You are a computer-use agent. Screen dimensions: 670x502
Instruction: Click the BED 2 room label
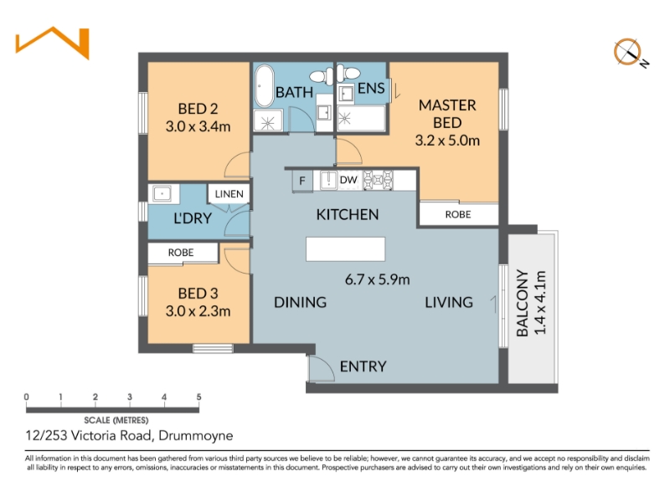coord(198,109)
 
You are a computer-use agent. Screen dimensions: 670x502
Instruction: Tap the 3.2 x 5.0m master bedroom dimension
coord(447,141)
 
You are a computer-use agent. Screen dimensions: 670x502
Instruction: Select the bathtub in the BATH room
coord(265,86)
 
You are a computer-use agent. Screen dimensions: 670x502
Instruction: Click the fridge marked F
coord(302,181)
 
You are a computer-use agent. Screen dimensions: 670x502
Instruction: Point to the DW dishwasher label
coord(348,180)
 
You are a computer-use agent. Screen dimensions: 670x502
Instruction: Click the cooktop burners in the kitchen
coord(379,180)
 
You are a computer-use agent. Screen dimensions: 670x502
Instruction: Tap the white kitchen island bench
coord(345,248)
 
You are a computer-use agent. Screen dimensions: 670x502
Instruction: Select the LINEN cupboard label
coord(229,194)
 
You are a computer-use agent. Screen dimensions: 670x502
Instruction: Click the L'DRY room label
coord(193,218)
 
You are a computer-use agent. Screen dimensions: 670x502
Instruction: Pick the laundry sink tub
coord(162,194)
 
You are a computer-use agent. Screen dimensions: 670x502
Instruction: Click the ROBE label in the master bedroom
coord(458,214)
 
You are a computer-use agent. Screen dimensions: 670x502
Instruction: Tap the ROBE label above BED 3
coord(181,253)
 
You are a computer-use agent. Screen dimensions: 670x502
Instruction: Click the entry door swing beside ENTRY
coord(321,368)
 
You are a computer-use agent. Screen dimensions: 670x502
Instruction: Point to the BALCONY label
coord(522,303)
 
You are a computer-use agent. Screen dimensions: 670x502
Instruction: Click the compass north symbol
coord(630,53)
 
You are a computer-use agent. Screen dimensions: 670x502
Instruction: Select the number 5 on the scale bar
coord(198,397)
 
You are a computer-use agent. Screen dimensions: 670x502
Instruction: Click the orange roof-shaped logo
coord(53,43)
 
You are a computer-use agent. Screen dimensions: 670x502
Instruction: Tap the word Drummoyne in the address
coord(196,436)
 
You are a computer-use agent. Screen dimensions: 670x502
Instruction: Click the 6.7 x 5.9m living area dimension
coord(378,279)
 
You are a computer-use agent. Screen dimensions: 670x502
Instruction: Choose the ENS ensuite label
coord(371,89)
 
